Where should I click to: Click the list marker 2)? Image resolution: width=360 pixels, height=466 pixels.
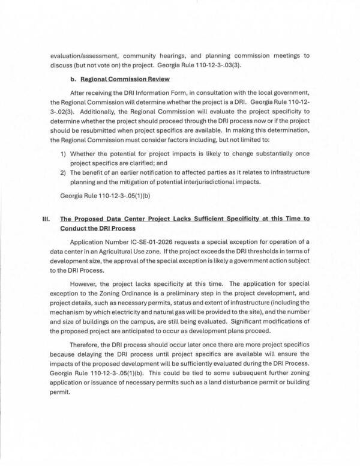click(64, 173)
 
